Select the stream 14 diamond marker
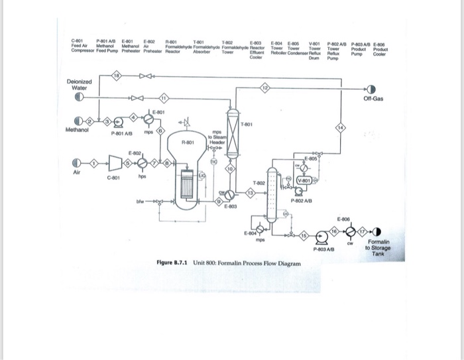(341, 127)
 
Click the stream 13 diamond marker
(250, 193)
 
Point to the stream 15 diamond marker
(304, 235)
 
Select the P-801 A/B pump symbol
(119, 122)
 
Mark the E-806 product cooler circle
(349, 230)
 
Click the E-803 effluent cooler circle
(227, 196)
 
